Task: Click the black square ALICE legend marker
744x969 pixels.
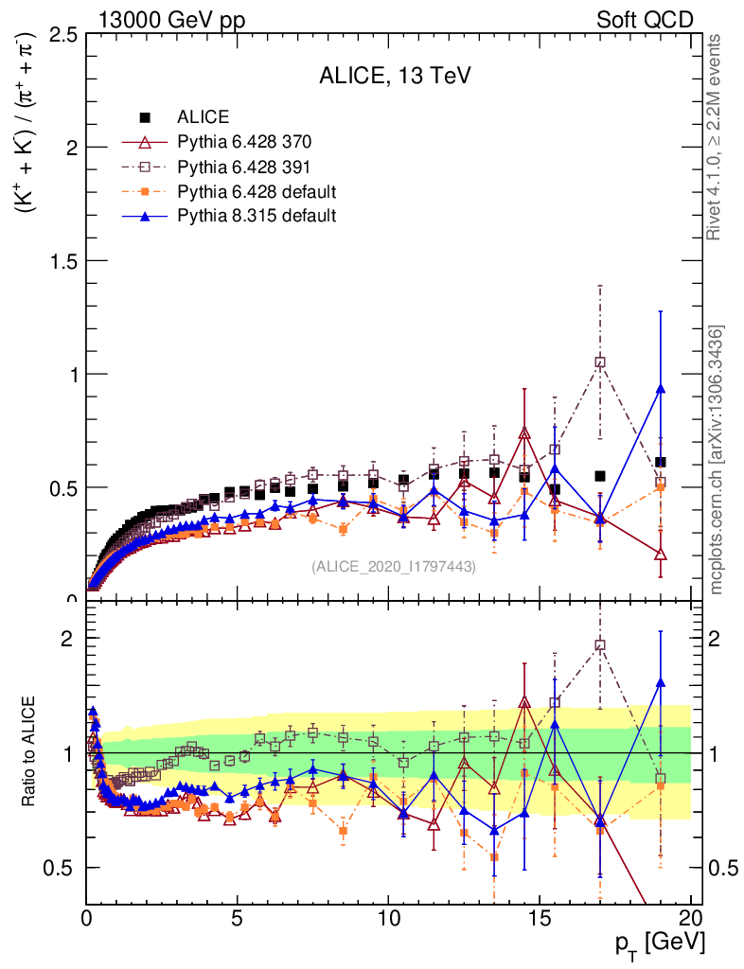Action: tap(145, 117)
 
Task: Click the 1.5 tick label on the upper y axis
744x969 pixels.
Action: tap(64, 261)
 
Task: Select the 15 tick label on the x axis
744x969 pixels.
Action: tap(539, 921)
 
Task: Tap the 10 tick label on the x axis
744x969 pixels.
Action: tap(388, 921)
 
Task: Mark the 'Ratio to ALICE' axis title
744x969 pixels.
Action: tap(31, 752)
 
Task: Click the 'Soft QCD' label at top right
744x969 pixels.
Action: tap(645, 19)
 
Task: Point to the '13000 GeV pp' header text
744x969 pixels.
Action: tap(171, 19)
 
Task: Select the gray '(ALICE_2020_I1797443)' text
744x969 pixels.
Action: tap(393, 566)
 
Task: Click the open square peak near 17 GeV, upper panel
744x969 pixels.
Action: tap(599, 361)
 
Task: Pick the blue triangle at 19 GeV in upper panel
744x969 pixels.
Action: tap(660, 389)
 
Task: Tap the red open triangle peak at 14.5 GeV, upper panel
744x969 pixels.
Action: tap(524, 433)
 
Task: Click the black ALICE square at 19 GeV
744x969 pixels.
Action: tap(660, 462)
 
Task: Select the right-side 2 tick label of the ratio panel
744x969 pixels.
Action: tap(718, 638)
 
